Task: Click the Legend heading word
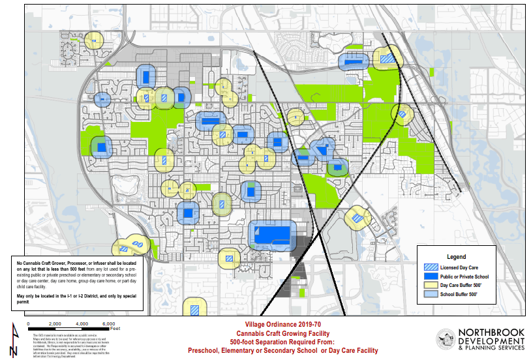point(455,256)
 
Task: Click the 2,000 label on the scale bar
point(54,324)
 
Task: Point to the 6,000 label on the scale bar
point(109,324)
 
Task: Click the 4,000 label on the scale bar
point(82,324)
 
